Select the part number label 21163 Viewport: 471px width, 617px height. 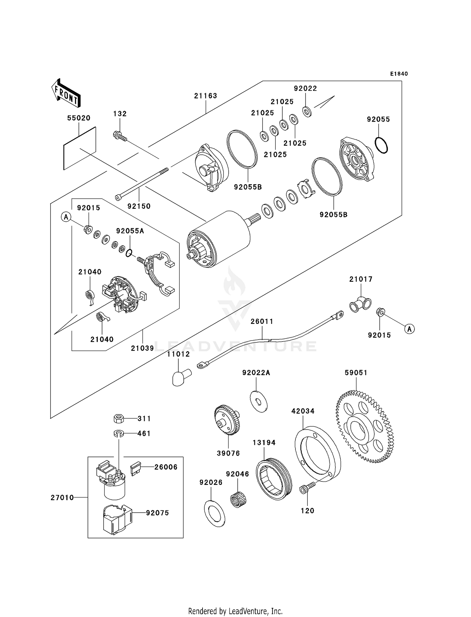206,96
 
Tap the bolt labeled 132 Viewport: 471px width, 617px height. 119,136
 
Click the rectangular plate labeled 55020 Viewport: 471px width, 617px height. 80,148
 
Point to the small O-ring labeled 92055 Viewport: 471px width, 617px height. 381,145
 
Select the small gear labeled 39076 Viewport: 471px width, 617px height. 227,420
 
